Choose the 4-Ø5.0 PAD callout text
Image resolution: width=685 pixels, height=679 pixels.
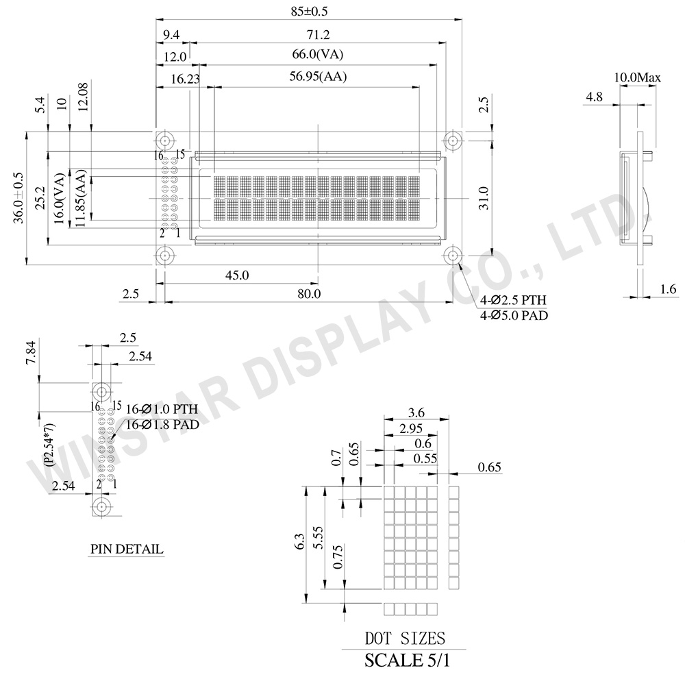coord(513,315)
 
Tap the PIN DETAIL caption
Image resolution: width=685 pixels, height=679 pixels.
coord(127,549)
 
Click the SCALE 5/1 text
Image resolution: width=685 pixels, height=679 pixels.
coord(408,661)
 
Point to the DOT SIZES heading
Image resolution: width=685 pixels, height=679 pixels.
coord(404,639)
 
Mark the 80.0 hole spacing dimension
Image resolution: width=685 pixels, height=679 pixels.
coord(308,293)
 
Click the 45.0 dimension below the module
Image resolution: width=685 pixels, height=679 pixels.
coord(237,275)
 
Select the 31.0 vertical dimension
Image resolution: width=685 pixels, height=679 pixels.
coord(483,199)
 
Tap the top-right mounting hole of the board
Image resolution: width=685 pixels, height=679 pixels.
coord(452,141)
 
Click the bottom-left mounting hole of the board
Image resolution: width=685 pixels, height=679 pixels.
coord(164,256)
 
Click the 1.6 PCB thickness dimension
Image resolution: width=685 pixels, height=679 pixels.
coord(669,290)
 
